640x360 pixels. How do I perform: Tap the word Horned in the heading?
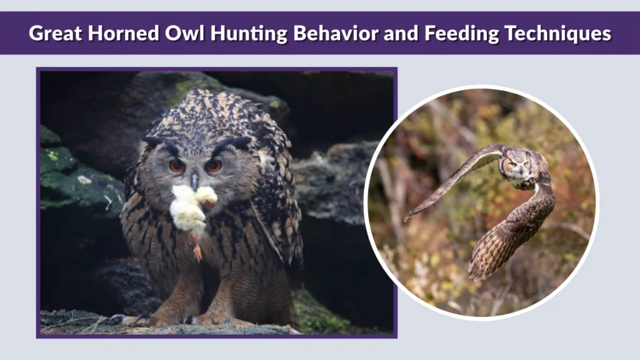(117, 33)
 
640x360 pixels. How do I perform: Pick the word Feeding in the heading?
(458, 33)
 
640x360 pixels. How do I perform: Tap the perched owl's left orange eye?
(177, 166)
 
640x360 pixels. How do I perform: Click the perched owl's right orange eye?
(214, 166)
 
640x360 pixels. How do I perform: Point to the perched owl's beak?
(196, 182)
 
